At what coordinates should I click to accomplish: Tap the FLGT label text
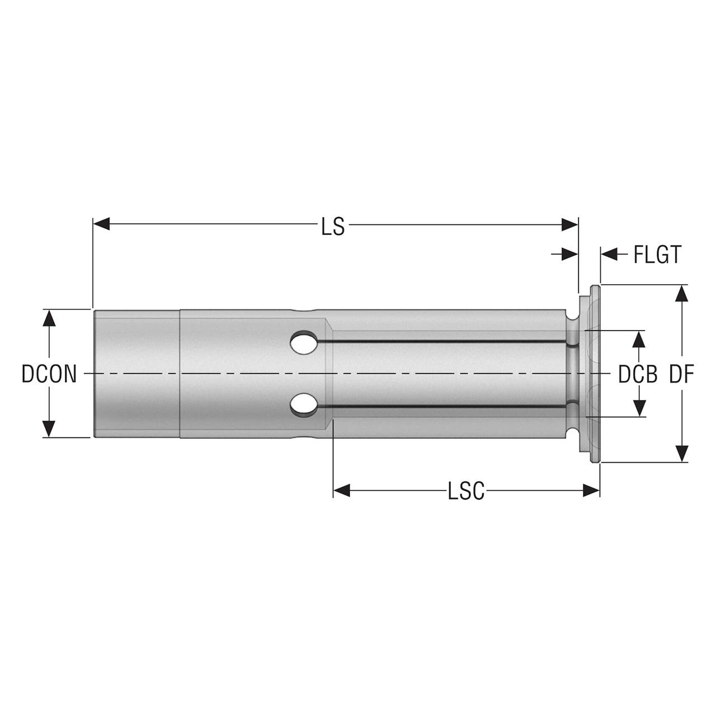657,255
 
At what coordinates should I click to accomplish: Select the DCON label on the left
49,374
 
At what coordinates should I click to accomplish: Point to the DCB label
638,374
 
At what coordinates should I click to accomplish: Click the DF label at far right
681,374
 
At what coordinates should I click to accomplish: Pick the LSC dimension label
467,491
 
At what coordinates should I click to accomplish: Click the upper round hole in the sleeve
304,341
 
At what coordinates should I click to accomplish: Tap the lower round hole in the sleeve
304,405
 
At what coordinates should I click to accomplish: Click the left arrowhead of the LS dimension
101,224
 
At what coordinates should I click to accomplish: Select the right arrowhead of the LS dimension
570,224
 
